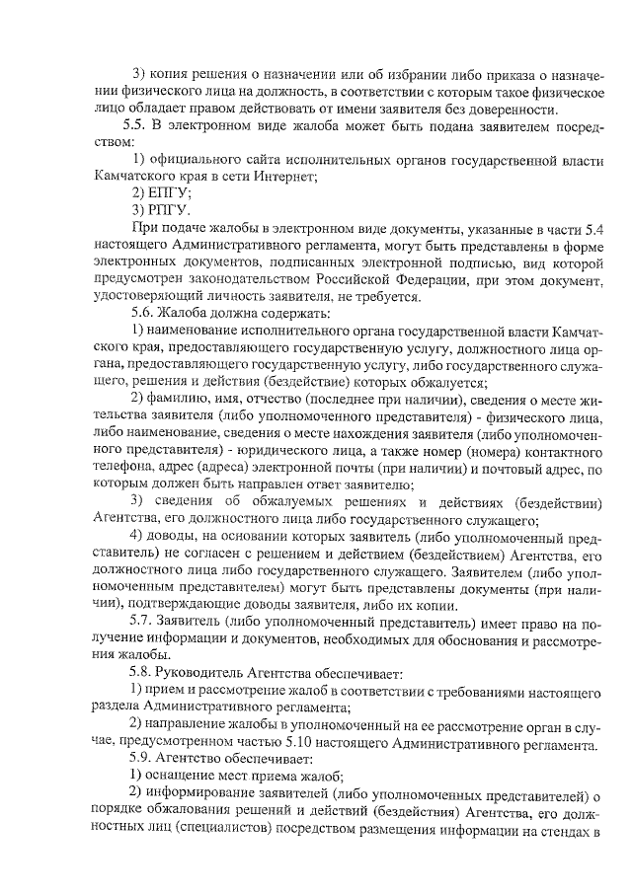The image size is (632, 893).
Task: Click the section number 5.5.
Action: click(134, 125)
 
